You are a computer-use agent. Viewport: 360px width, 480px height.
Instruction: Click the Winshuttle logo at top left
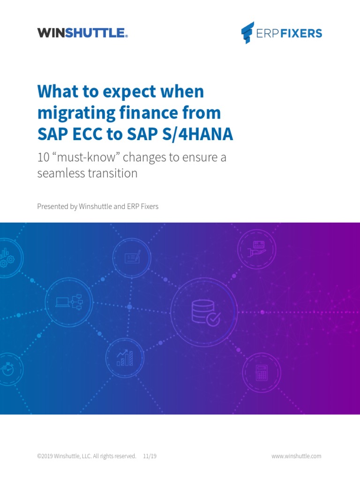pos(82,33)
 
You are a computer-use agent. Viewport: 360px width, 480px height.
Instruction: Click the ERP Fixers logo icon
pos(247,33)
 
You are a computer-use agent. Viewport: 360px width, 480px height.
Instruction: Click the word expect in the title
pos(123,91)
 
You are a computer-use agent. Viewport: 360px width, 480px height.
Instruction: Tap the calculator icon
pos(261,373)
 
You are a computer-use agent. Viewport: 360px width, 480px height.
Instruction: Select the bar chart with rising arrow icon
pos(125,358)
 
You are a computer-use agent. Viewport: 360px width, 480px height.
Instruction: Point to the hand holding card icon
pos(257,247)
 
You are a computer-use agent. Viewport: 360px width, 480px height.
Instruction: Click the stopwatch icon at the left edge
pos(7,368)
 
